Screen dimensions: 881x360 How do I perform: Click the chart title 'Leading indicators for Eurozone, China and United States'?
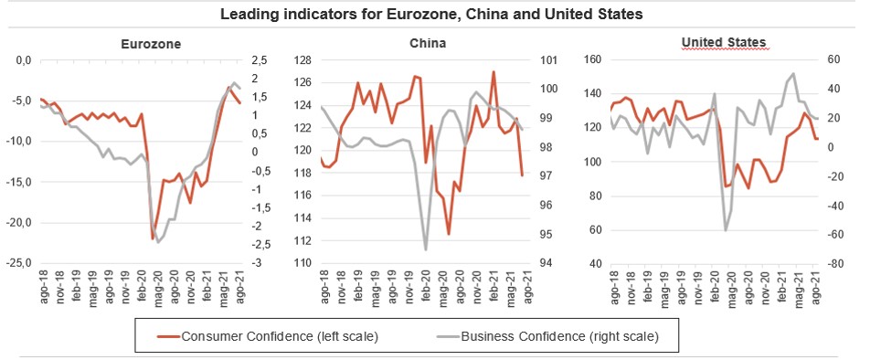coord(431,14)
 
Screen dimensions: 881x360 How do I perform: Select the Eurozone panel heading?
coord(151,44)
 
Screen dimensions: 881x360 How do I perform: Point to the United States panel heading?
coord(724,42)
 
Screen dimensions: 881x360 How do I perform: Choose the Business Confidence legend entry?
coord(547,336)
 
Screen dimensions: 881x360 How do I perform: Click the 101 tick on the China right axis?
coord(547,60)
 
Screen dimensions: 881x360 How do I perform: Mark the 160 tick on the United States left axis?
coord(593,60)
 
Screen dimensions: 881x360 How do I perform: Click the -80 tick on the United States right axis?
coord(833,263)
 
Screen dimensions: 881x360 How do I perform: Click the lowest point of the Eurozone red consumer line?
coord(153,238)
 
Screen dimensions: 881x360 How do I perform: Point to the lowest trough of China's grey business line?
coord(425,250)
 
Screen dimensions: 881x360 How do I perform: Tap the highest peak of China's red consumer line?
coord(493,71)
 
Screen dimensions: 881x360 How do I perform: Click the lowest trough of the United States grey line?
coord(726,230)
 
